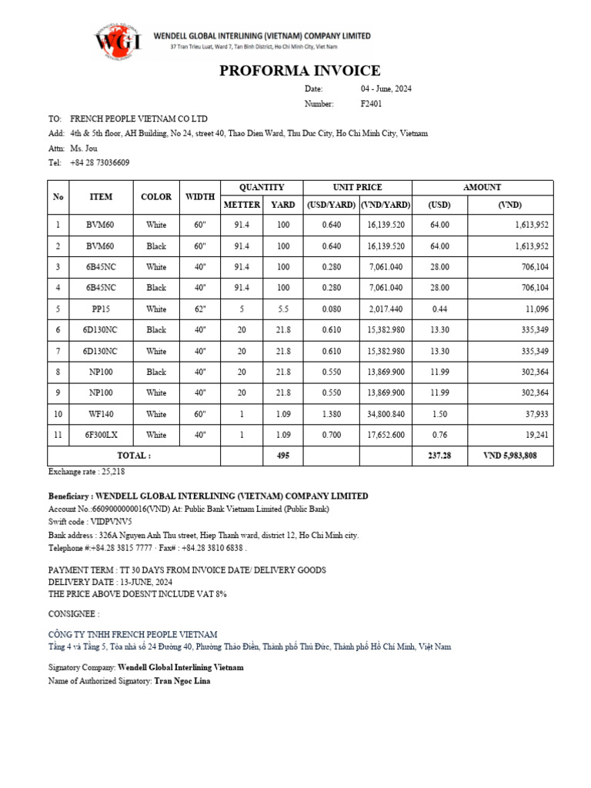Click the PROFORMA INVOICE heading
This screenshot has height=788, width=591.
click(x=299, y=72)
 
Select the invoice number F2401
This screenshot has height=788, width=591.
click(x=371, y=103)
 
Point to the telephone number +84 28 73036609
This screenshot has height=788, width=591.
click(x=100, y=162)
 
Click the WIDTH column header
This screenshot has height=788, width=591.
click(x=200, y=197)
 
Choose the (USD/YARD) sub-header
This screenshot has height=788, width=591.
click(x=331, y=205)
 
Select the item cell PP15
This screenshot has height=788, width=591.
click(x=101, y=309)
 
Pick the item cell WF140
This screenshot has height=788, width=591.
click(x=101, y=414)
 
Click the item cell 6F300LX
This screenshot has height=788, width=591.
click(x=101, y=435)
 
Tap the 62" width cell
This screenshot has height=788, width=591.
click(x=200, y=309)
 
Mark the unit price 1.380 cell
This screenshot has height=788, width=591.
click(x=331, y=414)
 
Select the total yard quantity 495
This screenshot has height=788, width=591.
click(x=283, y=456)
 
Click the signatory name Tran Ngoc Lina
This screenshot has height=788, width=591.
click(x=182, y=681)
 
